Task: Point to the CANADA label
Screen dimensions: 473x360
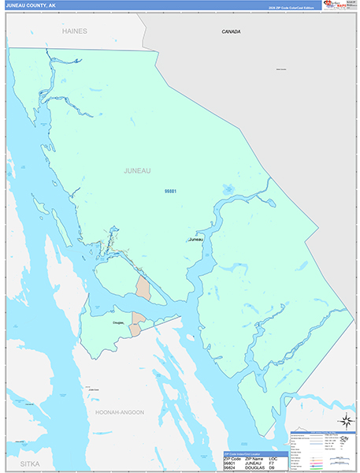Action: [x=231, y=32]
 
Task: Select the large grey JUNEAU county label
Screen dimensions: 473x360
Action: [x=137, y=170]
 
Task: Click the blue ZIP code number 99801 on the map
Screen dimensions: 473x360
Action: [x=170, y=192]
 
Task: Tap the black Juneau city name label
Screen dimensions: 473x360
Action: [x=196, y=239]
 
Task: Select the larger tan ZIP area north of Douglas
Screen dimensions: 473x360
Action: [x=143, y=286]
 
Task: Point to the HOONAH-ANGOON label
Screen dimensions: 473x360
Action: [x=116, y=412]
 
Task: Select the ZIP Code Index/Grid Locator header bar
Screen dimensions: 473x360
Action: [x=256, y=454]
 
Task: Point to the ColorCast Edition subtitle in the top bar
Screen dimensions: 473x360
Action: [x=290, y=8]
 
